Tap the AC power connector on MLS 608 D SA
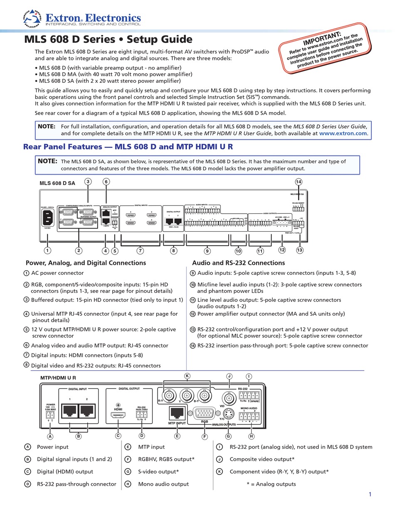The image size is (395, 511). (x=47, y=218)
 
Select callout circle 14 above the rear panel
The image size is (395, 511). (x=298, y=181)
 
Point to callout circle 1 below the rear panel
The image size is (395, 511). (x=48, y=250)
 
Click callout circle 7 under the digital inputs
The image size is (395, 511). (x=141, y=250)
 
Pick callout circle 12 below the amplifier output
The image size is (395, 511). (x=282, y=250)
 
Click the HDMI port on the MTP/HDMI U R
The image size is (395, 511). (x=118, y=415)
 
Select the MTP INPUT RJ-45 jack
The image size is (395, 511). (x=178, y=412)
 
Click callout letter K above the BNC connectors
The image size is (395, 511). (x=187, y=376)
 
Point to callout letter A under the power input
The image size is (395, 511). (x=50, y=436)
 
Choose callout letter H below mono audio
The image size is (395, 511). (x=251, y=436)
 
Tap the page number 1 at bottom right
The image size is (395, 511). (x=370, y=494)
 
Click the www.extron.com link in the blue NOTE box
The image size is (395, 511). (x=343, y=133)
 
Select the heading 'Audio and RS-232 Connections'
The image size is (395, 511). (x=238, y=263)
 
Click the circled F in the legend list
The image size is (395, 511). (x=128, y=459)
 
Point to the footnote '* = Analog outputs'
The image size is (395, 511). (x=271, y=484)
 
